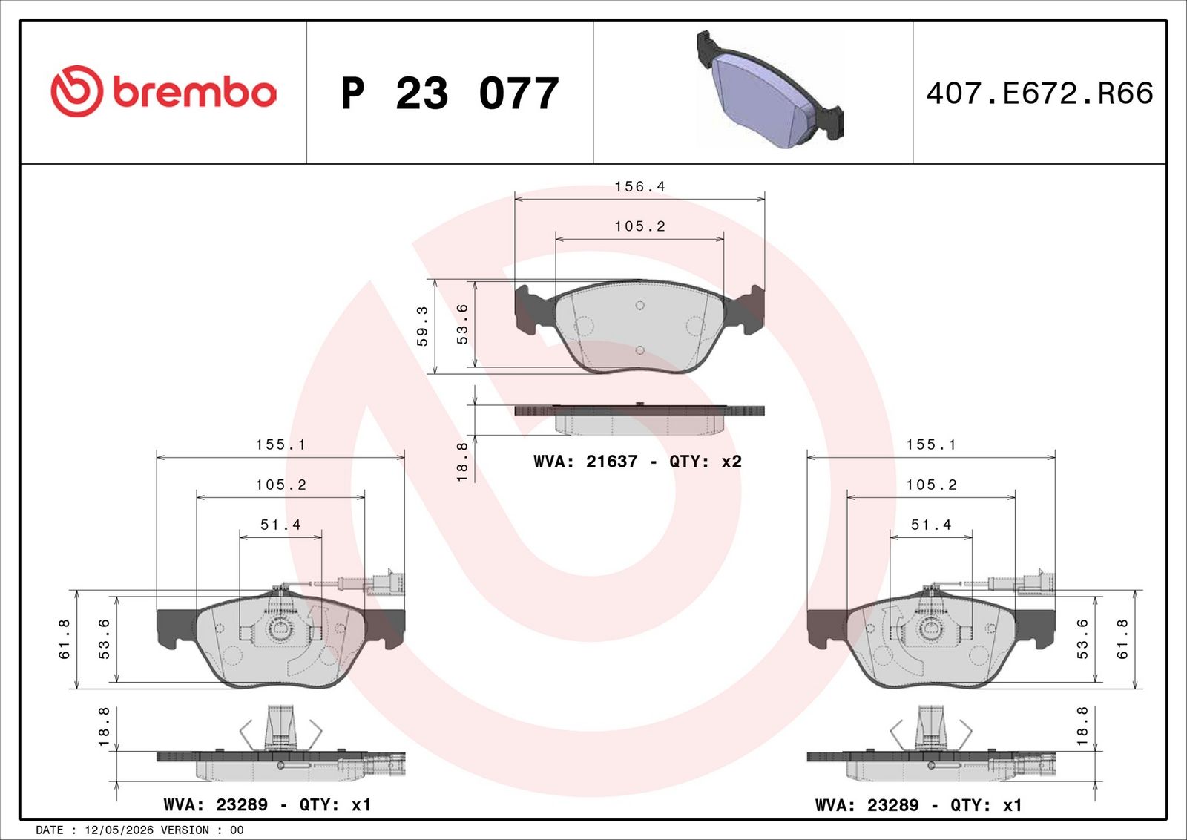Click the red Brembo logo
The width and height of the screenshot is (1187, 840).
164,91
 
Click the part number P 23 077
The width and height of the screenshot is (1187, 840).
450,93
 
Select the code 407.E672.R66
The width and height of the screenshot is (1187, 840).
1039,93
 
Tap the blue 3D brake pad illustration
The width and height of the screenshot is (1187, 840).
770,88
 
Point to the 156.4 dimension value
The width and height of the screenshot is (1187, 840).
639,186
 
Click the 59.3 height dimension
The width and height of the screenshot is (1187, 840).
422,327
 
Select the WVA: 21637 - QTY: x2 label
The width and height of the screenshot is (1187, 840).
637,461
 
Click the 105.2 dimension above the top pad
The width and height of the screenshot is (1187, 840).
639,226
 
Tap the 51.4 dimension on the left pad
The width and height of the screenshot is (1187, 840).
280,525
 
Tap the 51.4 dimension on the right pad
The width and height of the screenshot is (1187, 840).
931,525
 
